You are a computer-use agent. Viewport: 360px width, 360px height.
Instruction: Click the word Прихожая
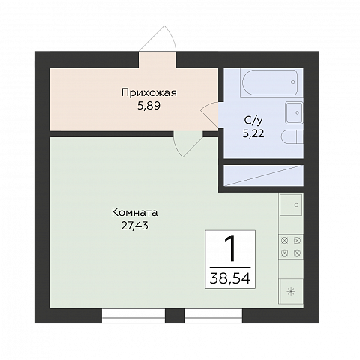[x=148, y=93]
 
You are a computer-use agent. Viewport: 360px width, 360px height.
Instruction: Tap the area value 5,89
[x=148, y=106]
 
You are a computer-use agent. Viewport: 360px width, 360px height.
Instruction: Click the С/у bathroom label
[x=253, y=121]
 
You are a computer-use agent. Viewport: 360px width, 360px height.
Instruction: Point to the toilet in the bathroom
[x=293, y=138]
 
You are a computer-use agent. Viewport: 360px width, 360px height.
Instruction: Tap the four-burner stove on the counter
[x=291, y=247]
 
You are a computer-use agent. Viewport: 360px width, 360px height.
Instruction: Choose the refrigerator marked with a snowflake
[x=291, y=290]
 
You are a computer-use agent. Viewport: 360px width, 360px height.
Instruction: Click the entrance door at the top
[x=159, y=41]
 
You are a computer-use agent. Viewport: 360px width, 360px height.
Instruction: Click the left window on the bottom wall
[x=133, y=316]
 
